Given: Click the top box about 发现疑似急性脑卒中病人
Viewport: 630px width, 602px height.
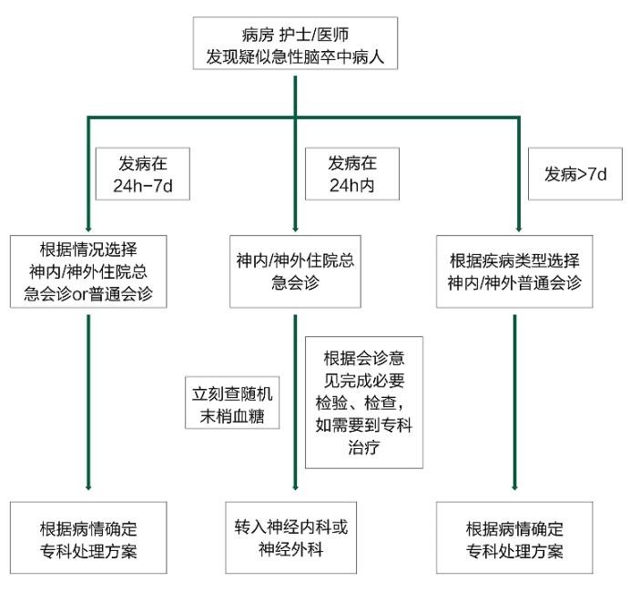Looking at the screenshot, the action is (295, 44).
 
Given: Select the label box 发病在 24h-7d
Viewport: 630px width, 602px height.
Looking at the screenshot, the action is (143, 174).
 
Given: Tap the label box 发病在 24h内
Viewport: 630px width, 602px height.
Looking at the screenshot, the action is (352, 174).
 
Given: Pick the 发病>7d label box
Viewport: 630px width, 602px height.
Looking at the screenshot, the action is (575, 174).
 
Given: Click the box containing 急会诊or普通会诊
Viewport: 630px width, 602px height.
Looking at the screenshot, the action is (88, 271).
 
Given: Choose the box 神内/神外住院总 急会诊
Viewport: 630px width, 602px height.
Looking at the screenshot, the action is (295, 271).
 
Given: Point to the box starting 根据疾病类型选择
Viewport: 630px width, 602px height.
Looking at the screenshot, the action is (514, 271).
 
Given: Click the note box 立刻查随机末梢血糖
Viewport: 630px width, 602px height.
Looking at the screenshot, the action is (232, 403).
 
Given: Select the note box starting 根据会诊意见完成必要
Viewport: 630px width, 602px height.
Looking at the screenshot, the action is (364, 403).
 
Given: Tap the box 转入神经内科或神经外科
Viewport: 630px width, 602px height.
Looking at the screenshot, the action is (291, 537).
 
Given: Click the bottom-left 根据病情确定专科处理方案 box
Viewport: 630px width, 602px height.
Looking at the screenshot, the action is (88, 537).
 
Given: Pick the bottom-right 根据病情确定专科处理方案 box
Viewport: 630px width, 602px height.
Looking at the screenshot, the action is (514, 537).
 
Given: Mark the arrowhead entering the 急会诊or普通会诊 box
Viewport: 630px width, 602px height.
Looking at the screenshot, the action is (88, 230).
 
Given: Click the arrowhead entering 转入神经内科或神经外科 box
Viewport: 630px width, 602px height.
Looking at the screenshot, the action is (295, 487).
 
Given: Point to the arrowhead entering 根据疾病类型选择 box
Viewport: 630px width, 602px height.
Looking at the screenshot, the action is (519, 230).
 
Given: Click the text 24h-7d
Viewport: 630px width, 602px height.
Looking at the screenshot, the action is (143, 186).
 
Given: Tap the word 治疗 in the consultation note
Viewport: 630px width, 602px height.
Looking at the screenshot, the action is (364, 447).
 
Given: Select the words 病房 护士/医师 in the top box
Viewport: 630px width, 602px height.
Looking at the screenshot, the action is (295, 35).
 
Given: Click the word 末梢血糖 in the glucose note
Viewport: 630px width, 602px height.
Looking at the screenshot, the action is (232, 416).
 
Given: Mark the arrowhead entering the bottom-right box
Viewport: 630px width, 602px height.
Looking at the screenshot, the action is (514, 487).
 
